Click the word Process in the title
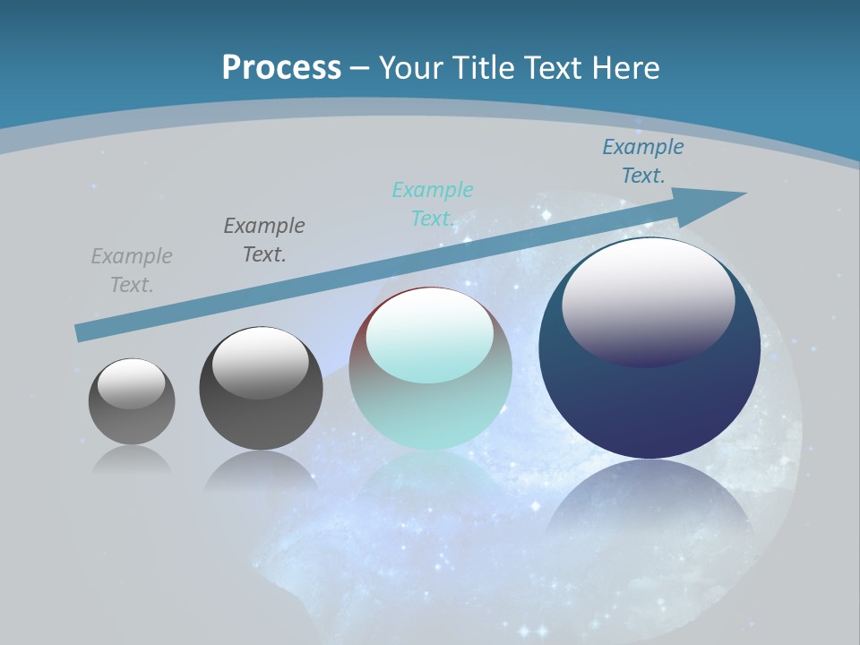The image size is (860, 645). (x=281, y=67)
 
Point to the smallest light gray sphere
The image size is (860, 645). (x=132, y=421)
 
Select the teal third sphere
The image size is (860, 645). (x=430, y=412)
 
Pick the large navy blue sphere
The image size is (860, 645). (x=649, y=403)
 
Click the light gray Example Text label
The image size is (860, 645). (x=132, y=271)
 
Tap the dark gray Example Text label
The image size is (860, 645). (x=264, y=240)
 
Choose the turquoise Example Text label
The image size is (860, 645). (x=433, y=204)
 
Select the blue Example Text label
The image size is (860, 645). (x=643, y=161)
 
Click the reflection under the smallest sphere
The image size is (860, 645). (x=132, y=459)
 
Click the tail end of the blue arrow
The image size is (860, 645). (x=82, y=332)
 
